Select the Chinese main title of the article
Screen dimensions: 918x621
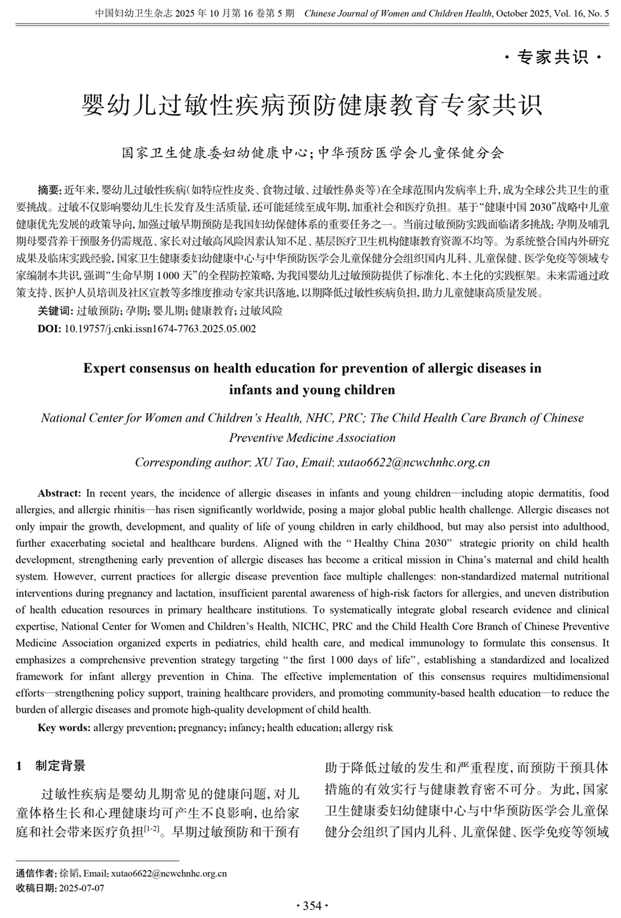(311, 104)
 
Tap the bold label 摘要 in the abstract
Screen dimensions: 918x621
(49, 191)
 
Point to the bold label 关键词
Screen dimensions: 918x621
(54, 310)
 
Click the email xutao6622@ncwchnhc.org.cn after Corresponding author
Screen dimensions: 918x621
(413, 462)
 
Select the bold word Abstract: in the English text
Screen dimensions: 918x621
(60, 493)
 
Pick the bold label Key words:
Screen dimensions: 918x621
(64, 727)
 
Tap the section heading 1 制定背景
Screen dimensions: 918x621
(51, 766)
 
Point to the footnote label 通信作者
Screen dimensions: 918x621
(35, 873)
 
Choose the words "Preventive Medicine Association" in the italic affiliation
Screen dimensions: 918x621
(312, 438)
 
